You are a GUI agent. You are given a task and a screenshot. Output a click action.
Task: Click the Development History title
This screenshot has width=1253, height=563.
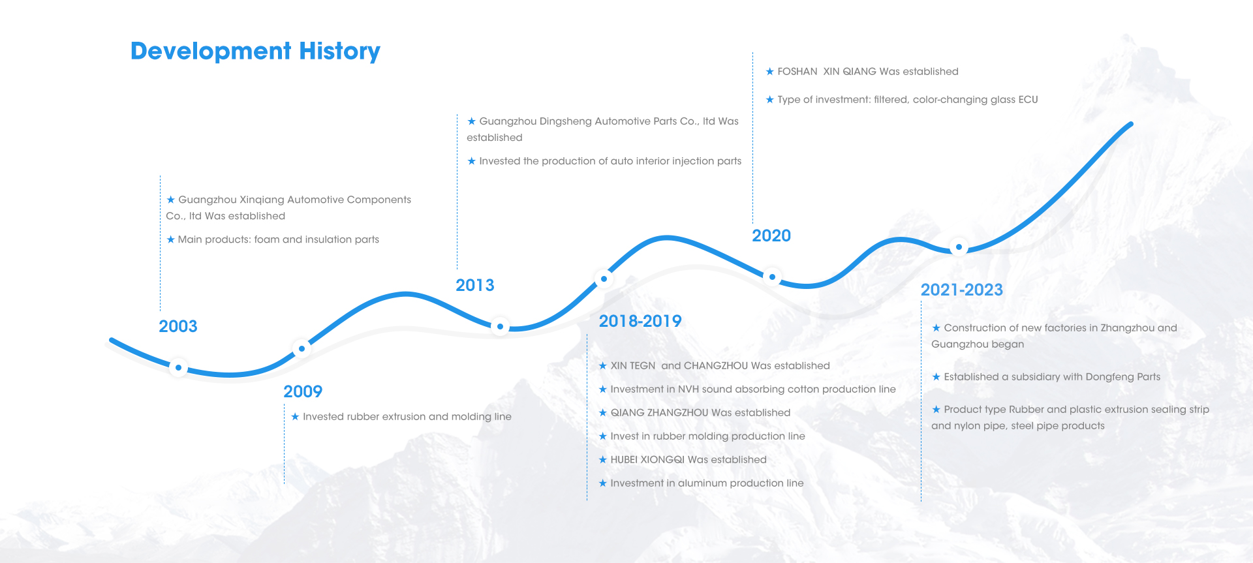tap(255, 51)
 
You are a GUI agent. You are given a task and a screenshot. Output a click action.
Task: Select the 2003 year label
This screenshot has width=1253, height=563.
tap(178, 326)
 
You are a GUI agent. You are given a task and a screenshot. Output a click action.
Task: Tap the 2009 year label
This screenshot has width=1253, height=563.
tap(303, 391)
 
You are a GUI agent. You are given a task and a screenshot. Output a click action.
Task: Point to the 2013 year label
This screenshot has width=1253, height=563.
tap(475, 285)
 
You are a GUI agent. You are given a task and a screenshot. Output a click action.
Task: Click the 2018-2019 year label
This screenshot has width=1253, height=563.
tap(640, 321)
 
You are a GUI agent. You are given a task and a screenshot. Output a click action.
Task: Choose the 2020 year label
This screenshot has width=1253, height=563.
tap(771, 236)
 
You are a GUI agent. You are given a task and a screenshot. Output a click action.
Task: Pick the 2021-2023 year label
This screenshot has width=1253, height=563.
tap(962, 290)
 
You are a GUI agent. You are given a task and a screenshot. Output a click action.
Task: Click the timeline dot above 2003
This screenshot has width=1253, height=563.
tap(178, 367)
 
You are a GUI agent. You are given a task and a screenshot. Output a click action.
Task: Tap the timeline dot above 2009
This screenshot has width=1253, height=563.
tap(302, 348)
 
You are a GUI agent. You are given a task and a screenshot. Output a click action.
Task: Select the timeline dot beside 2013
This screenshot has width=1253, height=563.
tap(500, 326)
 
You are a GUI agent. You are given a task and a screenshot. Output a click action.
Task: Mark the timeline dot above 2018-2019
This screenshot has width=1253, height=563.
tap(604, 279)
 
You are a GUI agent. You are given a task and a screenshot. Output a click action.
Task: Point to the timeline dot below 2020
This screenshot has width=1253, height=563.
tap(772, 277)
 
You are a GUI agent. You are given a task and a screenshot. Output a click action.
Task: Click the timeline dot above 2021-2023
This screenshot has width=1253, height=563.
tap(959, 247)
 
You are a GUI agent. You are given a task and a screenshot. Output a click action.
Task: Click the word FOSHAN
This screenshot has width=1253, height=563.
tap(797, 72)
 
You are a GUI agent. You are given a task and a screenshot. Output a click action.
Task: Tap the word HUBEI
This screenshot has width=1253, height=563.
tap(624, 460)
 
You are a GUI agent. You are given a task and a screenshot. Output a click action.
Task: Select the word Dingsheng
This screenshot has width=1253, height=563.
tap(570, 121)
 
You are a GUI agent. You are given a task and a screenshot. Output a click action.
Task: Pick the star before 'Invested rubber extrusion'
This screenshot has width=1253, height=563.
tap(295, 416)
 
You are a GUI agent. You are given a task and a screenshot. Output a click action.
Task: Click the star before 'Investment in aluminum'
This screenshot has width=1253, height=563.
tap(603, 483)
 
